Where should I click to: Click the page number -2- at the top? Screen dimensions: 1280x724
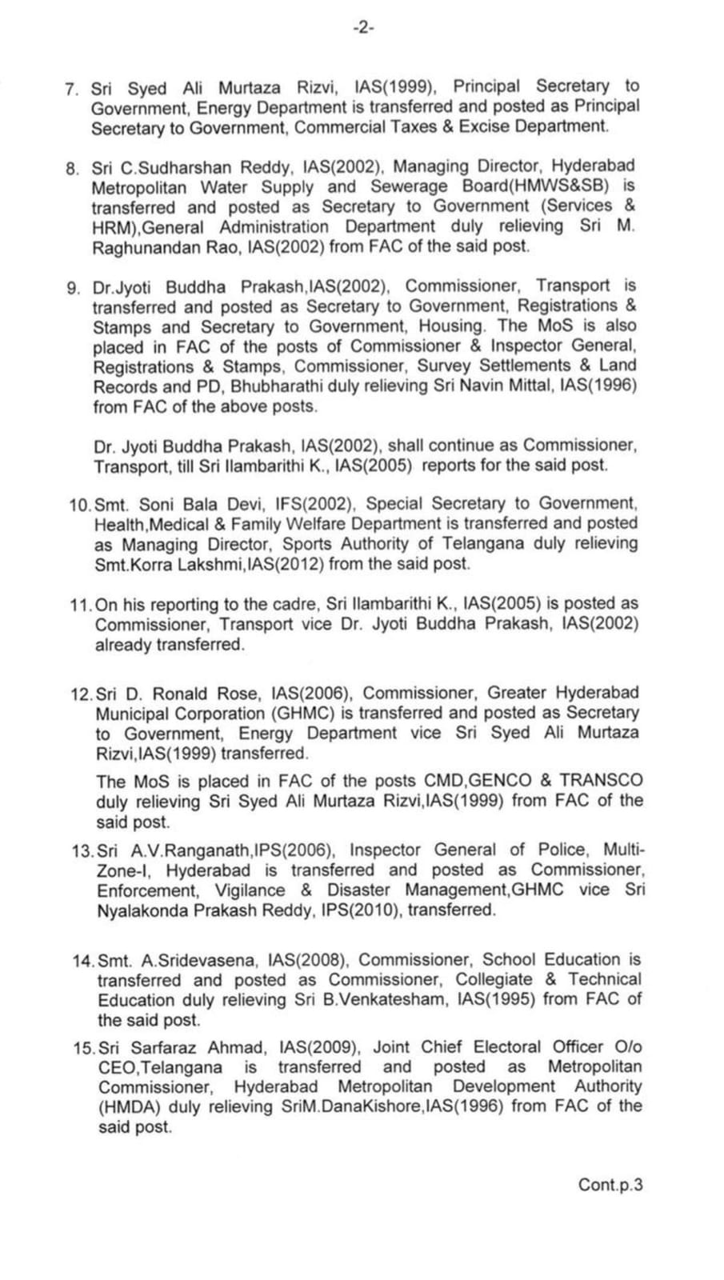coord(363,28)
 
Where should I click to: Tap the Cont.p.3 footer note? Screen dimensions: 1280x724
coord(610,1185)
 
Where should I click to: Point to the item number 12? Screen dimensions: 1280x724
coord(82,694)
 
